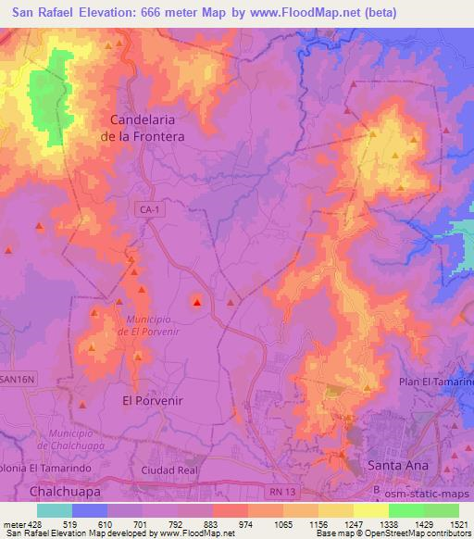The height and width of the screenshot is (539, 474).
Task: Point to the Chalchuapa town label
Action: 65,490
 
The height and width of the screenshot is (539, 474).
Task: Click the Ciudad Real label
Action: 169,470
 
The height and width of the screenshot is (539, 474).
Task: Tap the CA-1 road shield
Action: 149,210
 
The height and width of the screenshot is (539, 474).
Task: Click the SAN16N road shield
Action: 18,380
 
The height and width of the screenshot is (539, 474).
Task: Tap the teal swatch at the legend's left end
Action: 55,509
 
